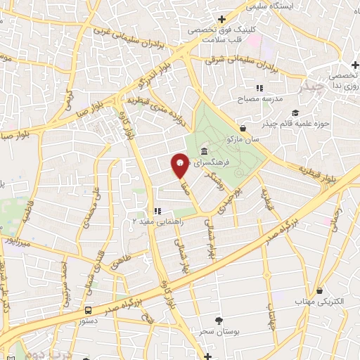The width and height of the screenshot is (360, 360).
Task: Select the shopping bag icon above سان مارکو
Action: tap(243, 129)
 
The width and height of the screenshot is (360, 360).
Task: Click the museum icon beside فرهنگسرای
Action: tap(204, 151)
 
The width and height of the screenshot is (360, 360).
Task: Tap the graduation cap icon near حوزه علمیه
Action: tap(295, 112)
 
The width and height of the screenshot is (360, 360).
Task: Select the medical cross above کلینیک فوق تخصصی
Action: tap(222, 19)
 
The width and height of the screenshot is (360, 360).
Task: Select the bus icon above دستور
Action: tap(89, 309)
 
